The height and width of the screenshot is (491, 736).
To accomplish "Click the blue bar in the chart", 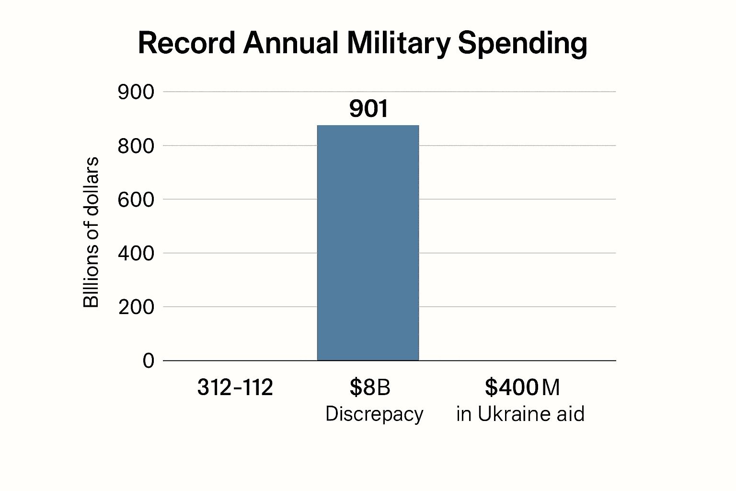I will tap(368, 243).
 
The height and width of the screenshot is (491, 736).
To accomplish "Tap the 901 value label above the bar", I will tap(368, 109).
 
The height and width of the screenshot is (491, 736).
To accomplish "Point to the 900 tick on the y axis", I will tap(136, 92).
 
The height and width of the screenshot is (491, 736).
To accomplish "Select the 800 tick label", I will tap(136, 146).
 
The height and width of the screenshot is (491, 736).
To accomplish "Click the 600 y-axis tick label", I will tap(136, 199).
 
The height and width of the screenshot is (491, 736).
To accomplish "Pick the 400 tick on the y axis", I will tap(136, 253).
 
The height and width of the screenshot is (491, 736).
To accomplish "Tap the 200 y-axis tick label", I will tap(136, 307).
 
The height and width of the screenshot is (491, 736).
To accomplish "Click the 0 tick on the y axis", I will tap(149, 361).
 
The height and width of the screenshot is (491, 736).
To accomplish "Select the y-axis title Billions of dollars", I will tap(91, 232).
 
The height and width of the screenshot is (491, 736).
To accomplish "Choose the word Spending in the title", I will tap(522, 44).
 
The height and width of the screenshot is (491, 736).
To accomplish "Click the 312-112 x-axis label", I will tap(235, 387).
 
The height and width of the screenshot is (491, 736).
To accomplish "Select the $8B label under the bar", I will tap(369, 387).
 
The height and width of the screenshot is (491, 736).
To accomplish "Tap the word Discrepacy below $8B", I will tap(374, 414).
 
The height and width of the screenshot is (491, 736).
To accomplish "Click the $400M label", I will tap(522, 387).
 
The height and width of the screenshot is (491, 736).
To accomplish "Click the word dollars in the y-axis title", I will tap(91, 190).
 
